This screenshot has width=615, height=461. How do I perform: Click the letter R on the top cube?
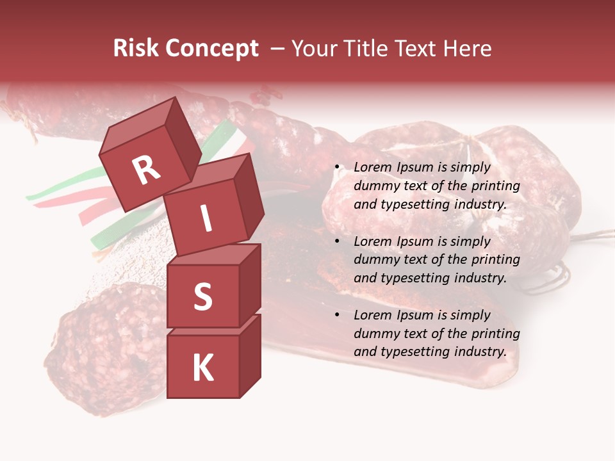[x=146, y=170]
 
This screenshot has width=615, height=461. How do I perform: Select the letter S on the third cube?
[x=202, y=296]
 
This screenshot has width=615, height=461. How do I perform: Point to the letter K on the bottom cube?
[x=202, y=368]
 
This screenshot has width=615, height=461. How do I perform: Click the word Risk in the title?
[x=135, y=49]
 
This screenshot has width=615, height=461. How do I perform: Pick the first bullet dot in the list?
[x=338, y=168]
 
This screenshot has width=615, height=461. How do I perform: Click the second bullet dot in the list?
[x=338, y=242]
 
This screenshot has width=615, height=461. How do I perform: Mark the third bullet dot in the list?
[x=338, y=316]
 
